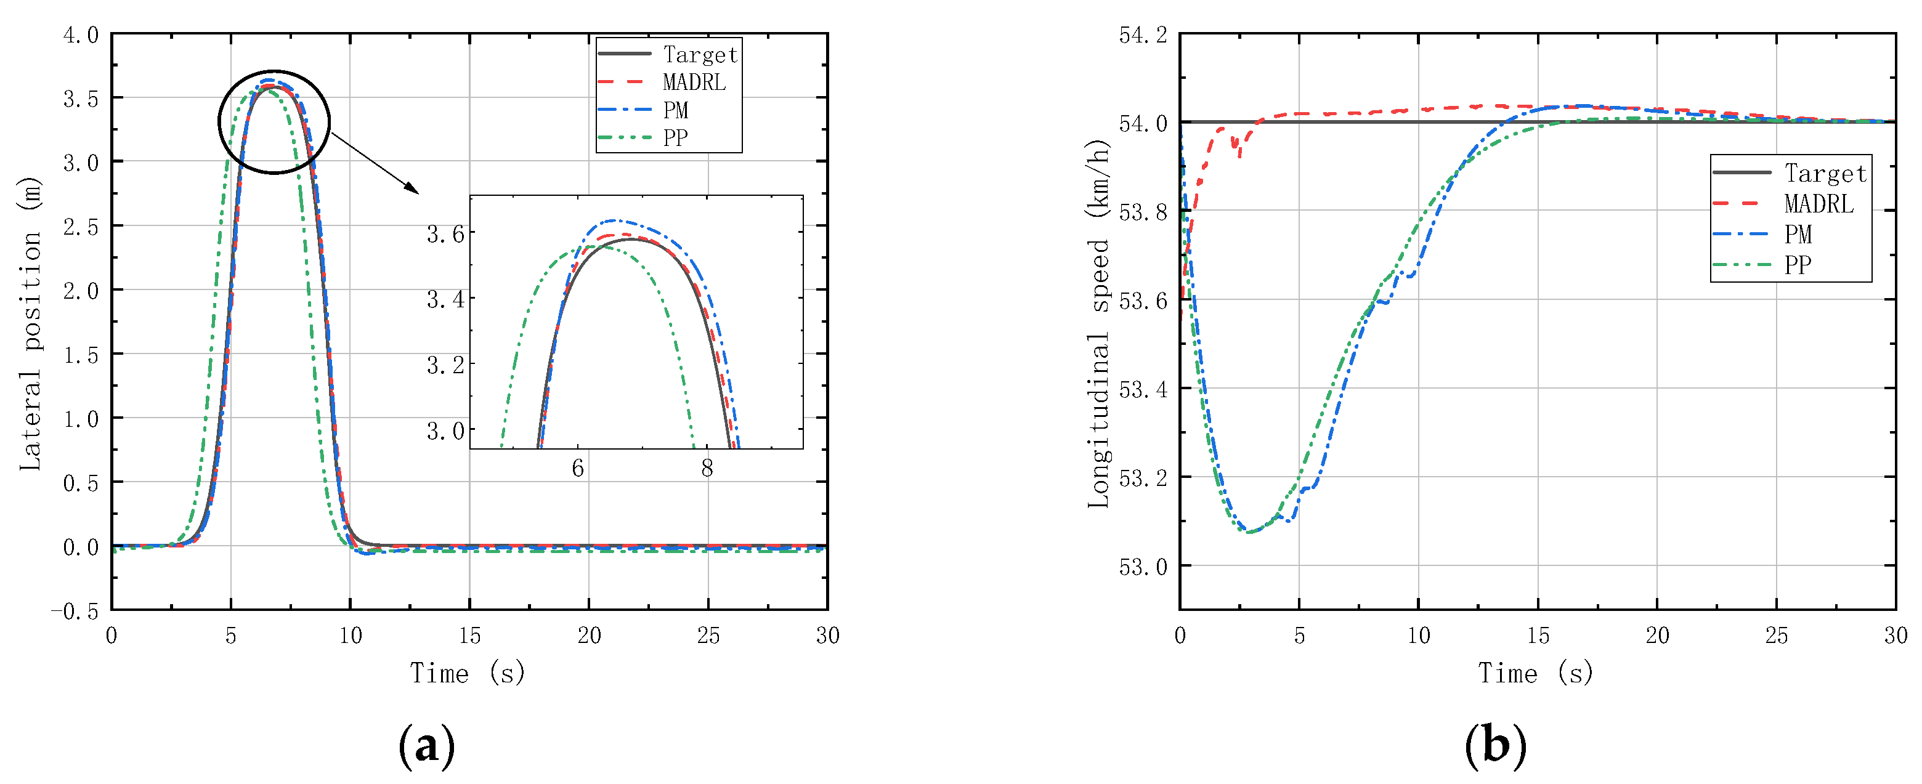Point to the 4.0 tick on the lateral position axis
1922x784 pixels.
click(x=81, y=35)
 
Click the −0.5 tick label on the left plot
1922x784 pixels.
click(x=75, y=611)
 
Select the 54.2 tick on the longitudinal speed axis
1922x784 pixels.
click(x=1142, y=35)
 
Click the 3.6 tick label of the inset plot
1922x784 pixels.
click(x=445, y=234)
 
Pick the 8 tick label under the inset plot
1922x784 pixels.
click(x=707, y=469)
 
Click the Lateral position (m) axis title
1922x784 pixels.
click(x=30, y=324)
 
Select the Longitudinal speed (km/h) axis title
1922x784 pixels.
click(x=1098, y=324)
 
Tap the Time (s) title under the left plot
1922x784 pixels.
click(x=468, y=673)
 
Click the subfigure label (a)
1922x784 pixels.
click(x=426, y=745)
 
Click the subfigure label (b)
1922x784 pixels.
click(x=1495, y=745)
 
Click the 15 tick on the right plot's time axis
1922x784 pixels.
click(x=1538, y=636)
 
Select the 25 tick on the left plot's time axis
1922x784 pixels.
click(x=708, y=636)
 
